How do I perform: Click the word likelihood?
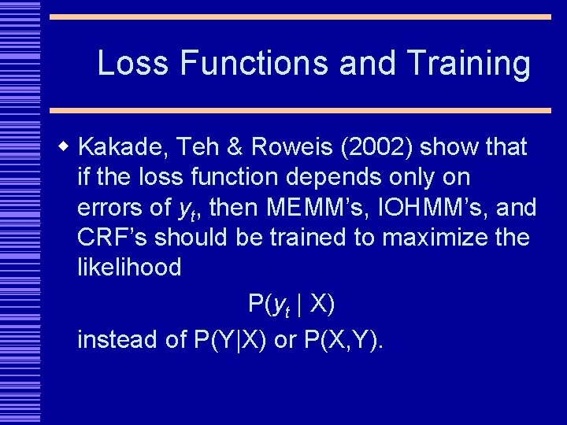(x=129, y=268)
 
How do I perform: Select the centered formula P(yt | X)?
(x=291, y=304)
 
